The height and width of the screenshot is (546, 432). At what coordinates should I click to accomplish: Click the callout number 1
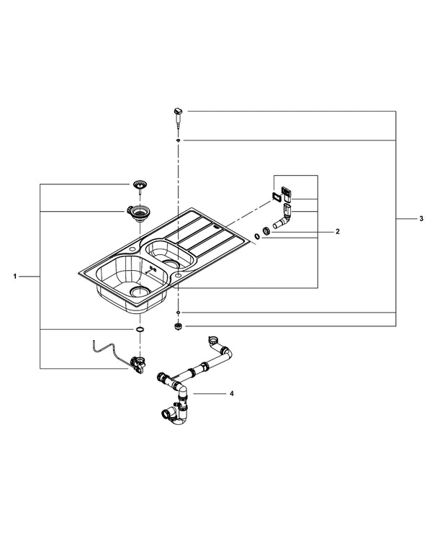15,276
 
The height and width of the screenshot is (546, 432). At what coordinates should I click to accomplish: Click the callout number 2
336,232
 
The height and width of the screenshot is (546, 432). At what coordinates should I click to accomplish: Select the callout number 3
421,219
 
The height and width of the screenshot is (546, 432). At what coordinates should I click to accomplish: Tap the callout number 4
231,394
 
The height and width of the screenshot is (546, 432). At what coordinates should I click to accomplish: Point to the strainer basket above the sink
138,184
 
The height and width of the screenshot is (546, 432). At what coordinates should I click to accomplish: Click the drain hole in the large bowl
140,291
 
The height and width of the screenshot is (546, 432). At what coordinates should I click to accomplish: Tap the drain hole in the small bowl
177,264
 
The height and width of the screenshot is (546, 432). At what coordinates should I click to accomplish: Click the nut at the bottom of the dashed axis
178,326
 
